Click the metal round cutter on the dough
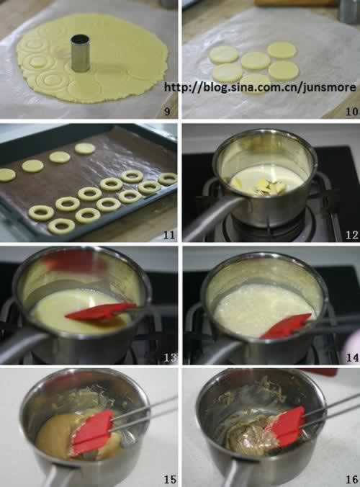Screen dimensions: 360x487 coord(80,53)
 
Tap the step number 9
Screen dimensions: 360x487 coord(167,111)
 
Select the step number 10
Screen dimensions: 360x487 coord(352,111)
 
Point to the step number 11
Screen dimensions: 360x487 coord(169,234)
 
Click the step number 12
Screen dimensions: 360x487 coord(352,235)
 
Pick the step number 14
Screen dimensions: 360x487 coord(352,357)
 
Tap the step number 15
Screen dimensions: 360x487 coord(170,479)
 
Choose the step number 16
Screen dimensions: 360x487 coord(352,479)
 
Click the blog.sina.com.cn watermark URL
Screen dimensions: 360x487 coord(260,87)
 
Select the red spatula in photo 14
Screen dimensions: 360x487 coord(286,326)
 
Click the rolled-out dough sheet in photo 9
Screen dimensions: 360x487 coord(92,58)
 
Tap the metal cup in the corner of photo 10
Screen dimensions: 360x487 coord(349,12)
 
